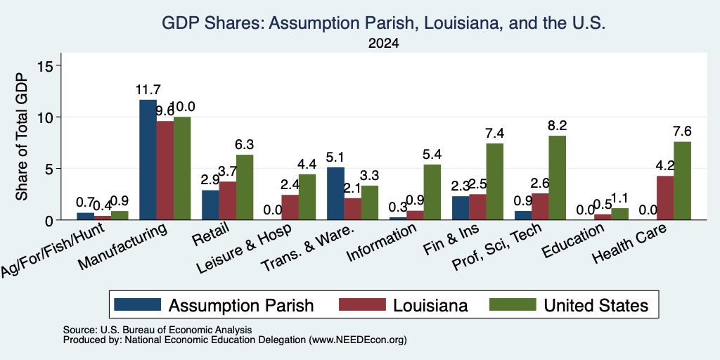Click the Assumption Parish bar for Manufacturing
pos(148,160)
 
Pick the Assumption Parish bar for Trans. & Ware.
pos(335,194)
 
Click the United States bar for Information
pos(432,192)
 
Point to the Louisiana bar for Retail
pos(228,200)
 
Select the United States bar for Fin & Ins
pos(494,182)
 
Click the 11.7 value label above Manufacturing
pos(148,90)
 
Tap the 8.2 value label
pos(558,125)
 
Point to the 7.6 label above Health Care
pos(682,131)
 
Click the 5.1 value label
pos(335,157)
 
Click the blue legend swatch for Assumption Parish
pos(138,304)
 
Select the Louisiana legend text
pos(430,305)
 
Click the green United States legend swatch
pos(513,304)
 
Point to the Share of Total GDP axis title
pos(22,136)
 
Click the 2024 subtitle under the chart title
pos(383,44)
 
